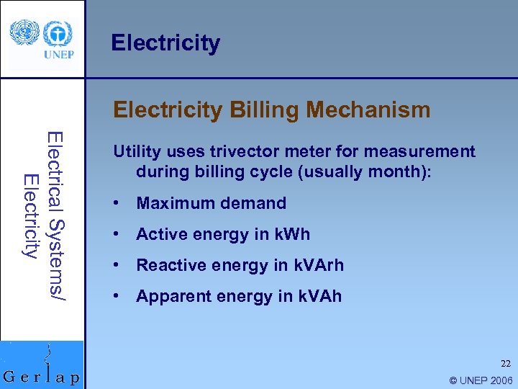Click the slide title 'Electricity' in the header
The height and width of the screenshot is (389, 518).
165,43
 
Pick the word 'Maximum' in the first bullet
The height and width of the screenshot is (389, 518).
170,204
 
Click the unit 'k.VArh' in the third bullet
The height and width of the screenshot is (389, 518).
317,265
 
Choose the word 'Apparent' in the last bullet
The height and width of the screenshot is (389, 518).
168,296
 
